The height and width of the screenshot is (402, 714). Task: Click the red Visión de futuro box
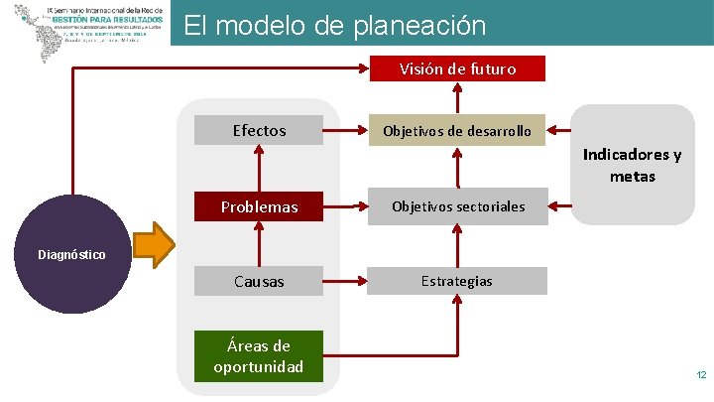pyautogui.click(x=457, y=68)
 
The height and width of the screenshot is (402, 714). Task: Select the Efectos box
pyautogui.click(x=259, y=130)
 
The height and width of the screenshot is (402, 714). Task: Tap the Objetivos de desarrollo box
pyautogui.click(x=457, y=130)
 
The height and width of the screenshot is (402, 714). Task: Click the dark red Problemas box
pyautogui.click(x=259, y=206)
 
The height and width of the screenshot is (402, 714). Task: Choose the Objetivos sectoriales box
pyautogui.click(x=457, y=206)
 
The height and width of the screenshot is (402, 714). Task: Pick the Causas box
pyautogui.click(x=259, y=281)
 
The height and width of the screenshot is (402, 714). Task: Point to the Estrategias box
pyautogui.click(x=457, y=281)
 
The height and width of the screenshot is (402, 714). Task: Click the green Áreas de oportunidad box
pyautogui.click(x=259, y=356)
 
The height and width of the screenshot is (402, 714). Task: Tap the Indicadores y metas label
pyautogui.click(x=632, y=166)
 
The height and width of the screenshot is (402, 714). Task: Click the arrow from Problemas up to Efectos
pyautogui.click(x=259, y=168)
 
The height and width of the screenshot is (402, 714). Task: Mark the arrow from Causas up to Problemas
pyautogui.click(x=259, y=243)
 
